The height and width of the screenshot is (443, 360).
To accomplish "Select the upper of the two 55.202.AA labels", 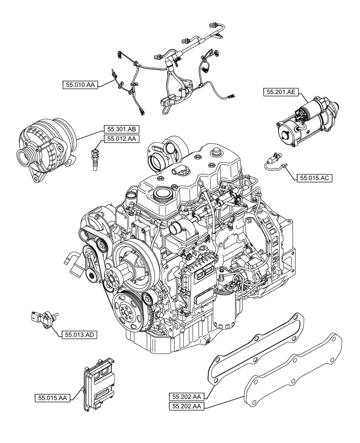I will [187, 396].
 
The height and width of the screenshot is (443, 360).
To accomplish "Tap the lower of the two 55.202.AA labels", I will [187, 406].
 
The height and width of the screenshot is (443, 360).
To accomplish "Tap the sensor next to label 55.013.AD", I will [43, 318].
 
